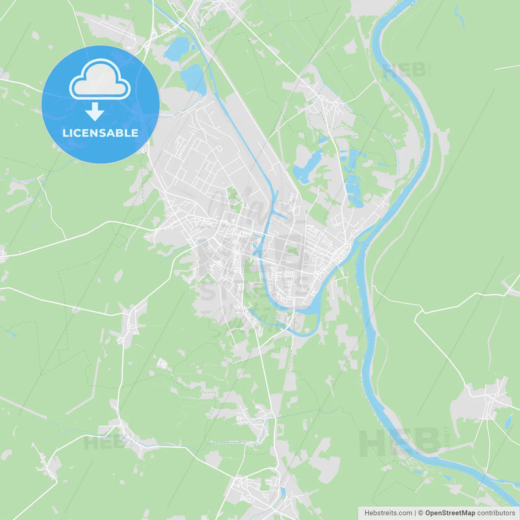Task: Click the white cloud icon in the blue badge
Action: click(x=100, y=80)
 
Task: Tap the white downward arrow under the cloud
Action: click(x=95, y=112)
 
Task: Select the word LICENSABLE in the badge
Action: click(x=100, y=133)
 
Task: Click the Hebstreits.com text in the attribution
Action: click(x=388, y=513)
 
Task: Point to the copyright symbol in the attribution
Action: click(x=421, y=513)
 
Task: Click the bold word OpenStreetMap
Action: click(x=450, y=513)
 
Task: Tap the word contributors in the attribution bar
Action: click(x=496, y=513)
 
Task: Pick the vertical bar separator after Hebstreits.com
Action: click(x=415, y=513)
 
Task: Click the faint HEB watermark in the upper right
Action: click(x=404, y=70)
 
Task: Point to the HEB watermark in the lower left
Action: click(x=102, y=442)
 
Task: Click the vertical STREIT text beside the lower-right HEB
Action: click(x=448, y=439)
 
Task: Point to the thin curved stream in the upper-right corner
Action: click(x=459, y=16)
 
